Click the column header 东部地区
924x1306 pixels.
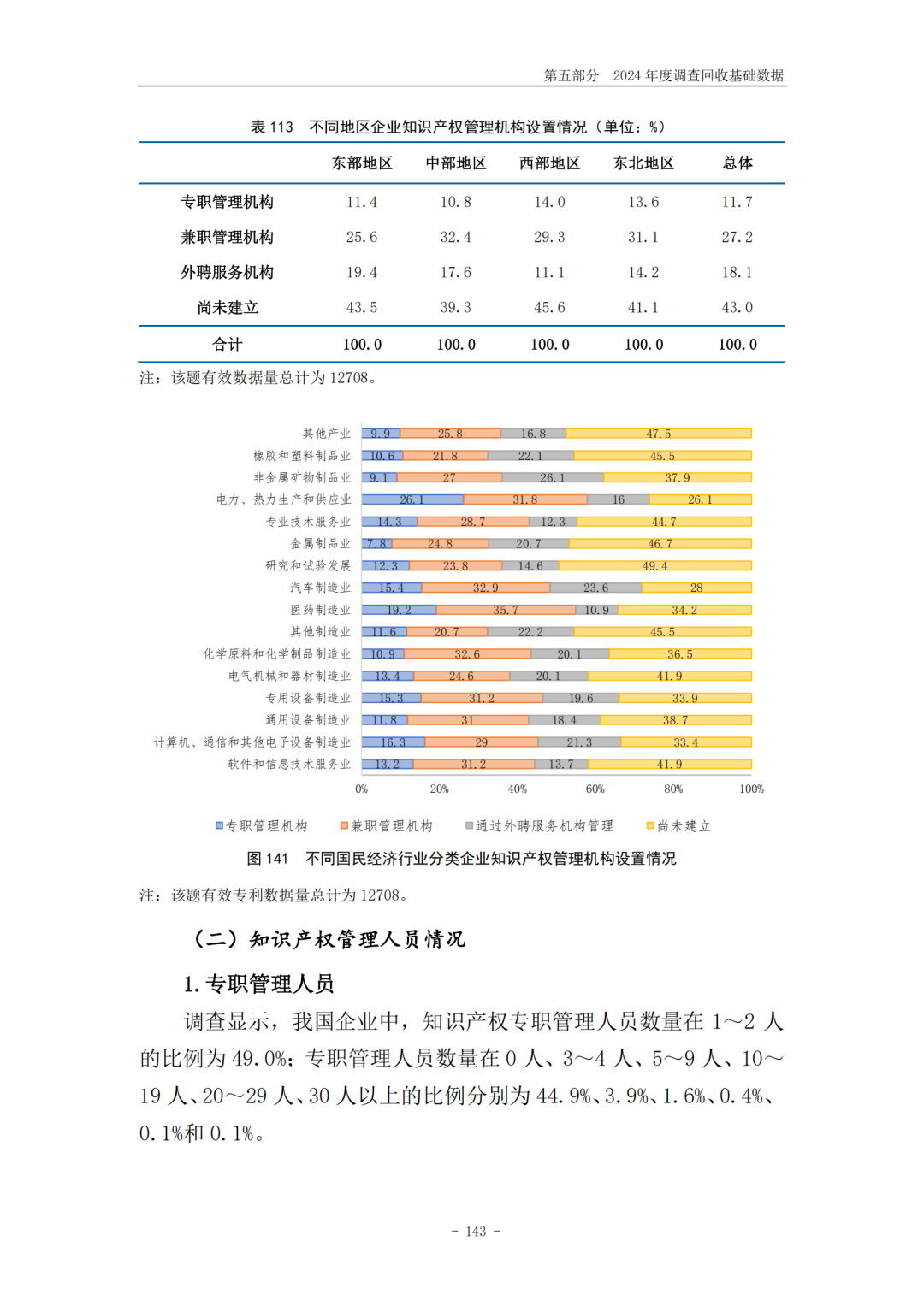(362, 163)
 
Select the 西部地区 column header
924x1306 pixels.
(549, 163)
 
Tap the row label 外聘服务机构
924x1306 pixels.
(227, 272)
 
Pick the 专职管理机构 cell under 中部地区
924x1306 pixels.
(455, 202)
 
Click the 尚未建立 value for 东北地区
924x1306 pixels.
(643, 307)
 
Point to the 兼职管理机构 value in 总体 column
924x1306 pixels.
(737, 237)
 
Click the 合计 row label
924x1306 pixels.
(227, 344)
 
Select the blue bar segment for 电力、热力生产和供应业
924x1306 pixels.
(412, 499)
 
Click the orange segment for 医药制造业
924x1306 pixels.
(506, 610)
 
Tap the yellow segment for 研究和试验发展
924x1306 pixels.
(655, 565)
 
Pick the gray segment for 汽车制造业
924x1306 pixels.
(595, 588)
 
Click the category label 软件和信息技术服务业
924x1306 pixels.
(289, 764)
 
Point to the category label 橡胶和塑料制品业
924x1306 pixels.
(301, 456)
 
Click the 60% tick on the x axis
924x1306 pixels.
(595, 789)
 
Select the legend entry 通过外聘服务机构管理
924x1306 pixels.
(539, 825)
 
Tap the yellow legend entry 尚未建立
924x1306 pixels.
(678, 825)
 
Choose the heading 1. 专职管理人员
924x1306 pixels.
(258, 984)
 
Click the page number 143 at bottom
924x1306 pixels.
(476, 1231)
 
